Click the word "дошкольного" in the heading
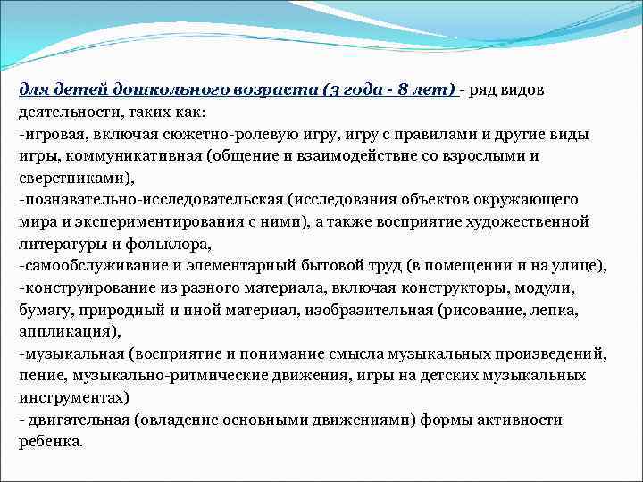coord(166,91)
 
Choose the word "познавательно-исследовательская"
coord(138,199)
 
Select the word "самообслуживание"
coord(88,264)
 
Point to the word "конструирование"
coord(83,287)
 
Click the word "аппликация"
coord(62,330)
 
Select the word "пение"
coord(39,374)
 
